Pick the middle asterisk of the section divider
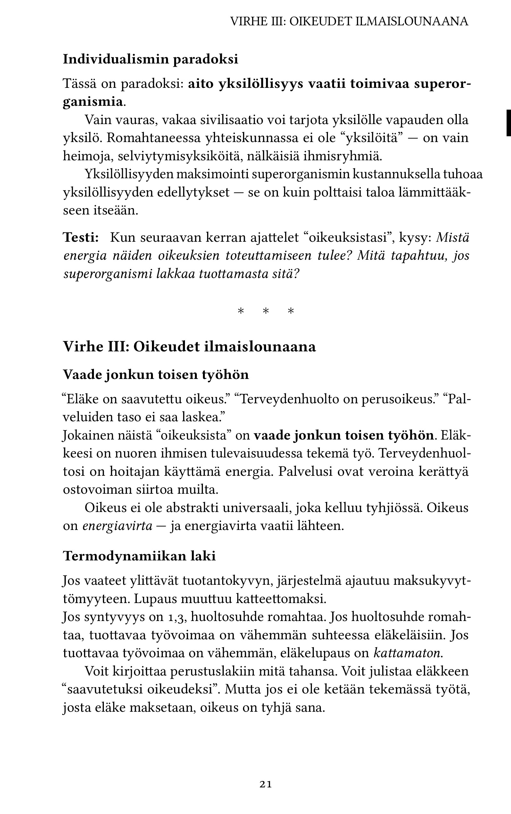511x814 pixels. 266,311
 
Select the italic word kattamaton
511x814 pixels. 407,653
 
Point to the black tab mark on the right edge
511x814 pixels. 508,123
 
